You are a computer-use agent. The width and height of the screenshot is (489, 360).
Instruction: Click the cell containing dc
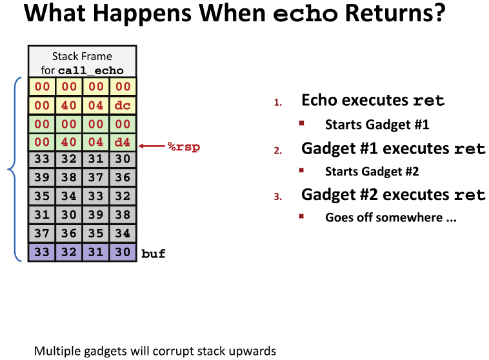(x=123, y=105)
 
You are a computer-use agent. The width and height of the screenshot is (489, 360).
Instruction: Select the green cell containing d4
(x=123, y=143)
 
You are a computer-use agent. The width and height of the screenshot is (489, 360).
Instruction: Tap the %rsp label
(x=184, y=146)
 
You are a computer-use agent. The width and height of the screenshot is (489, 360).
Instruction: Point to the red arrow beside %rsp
(x=152, y=146)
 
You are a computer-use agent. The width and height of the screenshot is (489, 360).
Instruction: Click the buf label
(x=154, y=254)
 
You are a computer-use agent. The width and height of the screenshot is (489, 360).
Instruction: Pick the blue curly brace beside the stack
(x=12, y=170)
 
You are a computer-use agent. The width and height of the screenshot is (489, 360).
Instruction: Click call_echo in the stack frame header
(x=91, y=71)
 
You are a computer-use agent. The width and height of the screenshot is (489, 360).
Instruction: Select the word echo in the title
(x=305, y=14)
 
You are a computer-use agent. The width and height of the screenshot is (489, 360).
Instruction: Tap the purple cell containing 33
(x=42, y=252)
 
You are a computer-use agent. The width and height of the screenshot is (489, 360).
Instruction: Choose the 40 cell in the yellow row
(x=69, y=105)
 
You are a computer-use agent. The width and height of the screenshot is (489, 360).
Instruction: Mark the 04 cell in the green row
(x=96, y=143)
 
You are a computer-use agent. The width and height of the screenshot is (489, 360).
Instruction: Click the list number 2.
(x=278, y=151)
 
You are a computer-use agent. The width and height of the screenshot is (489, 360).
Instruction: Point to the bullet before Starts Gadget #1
(x=301, y=123)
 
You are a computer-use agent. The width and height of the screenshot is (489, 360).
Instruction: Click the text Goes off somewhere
(x=384, y=217)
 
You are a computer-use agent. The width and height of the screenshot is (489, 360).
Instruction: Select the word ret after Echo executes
(x=429, y=101)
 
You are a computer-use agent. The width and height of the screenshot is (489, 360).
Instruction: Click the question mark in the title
(x=440, y=14)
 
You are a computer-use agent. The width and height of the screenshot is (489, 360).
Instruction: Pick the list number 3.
(x=278, y=197)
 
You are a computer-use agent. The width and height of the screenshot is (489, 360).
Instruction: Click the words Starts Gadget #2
(x=372, y=172)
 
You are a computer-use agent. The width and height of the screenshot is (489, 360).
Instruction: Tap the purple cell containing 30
(x=123, y=252)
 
